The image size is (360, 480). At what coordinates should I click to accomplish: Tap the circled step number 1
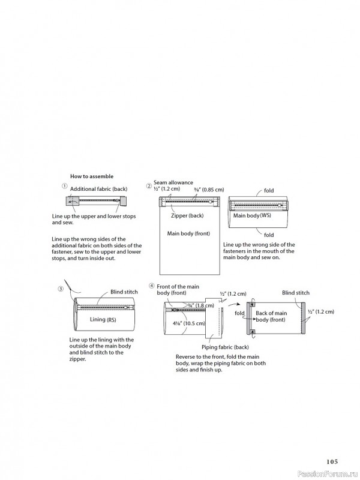(x=64, y=187)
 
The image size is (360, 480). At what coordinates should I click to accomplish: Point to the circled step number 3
(x=61, y=288)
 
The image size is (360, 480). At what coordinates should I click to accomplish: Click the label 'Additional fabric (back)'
(x=99, y=189)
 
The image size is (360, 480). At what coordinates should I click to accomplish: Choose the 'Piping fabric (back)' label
(x=225, y=347)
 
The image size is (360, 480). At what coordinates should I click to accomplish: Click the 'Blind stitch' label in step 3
(x=124, y=292)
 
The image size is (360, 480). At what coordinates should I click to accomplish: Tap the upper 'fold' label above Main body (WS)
(x=268, y=191)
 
